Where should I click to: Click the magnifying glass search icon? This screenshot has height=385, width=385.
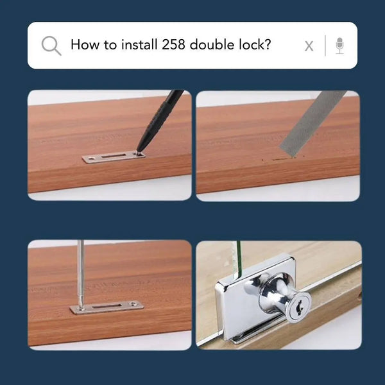[x=51, y=46]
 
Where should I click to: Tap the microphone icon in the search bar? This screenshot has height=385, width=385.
[x=339, y=46]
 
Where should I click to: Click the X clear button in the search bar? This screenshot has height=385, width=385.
[x=309, y=46]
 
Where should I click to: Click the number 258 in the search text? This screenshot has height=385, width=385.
[x=173, y=45]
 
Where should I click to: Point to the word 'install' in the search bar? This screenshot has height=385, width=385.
[x=139, y=44]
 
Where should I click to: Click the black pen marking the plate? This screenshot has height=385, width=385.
[x=159, y=121]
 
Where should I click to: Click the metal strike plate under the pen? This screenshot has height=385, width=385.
[x=114, y=157]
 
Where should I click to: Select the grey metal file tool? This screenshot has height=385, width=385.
[x=312, y=123]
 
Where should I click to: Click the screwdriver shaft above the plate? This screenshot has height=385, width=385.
[x=80, y=273]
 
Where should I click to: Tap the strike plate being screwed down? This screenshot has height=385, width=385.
[x=107, y=308]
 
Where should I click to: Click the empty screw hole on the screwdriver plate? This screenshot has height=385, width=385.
[x=133, y=304]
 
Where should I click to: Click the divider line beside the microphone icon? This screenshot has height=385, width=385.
[x=325, y=46]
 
